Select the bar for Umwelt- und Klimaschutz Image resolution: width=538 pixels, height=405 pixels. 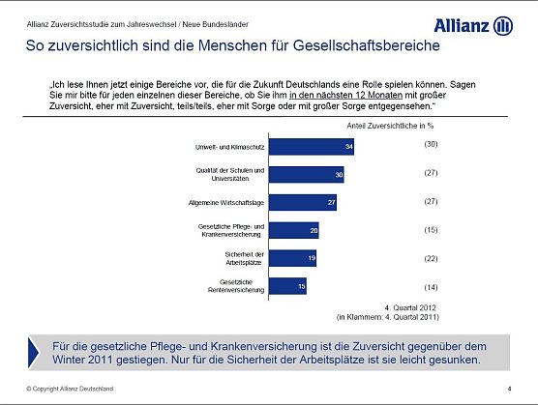[311, 147]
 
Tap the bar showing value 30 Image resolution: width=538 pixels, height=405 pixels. [306, 175]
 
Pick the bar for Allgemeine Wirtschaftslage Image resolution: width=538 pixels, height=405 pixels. [302, 203]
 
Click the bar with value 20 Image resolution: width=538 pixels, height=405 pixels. [293, 231]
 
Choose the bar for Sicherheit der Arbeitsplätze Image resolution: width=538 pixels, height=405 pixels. [291, 258]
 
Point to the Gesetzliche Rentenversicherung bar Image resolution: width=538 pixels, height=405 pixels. [286, 286]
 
